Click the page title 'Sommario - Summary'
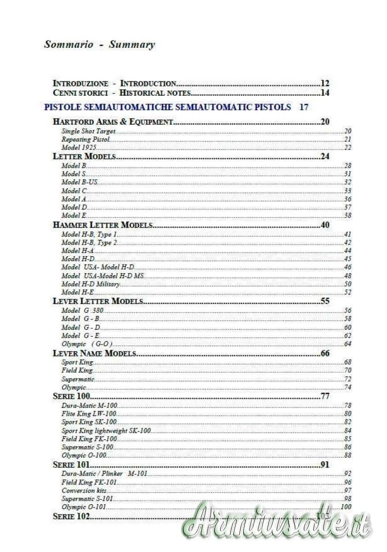[99, 45]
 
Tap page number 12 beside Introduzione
[325, 83]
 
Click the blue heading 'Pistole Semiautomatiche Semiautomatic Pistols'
[167, 107]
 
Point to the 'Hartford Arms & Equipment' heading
[113, 122]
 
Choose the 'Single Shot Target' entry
[88, 131]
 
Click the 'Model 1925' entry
[78, 148]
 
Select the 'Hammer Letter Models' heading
[103, 225]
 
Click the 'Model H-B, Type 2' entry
[90, 242]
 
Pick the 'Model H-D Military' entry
[91, 284]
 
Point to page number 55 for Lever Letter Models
[325, 301]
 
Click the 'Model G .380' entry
[82, 310]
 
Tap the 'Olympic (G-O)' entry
[87, 344]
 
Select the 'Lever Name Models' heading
[95, 353]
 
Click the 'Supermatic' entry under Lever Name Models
[78, 379]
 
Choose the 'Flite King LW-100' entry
[89, 414]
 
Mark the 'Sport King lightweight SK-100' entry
[106, 431]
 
